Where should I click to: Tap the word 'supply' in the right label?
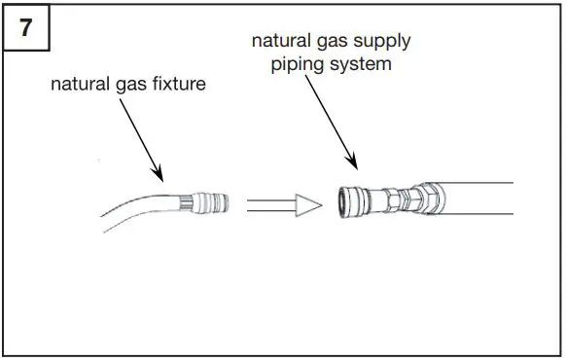click(379, 42)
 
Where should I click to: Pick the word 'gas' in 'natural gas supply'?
click(327, 42)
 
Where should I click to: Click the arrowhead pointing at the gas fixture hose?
click(159, 177)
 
